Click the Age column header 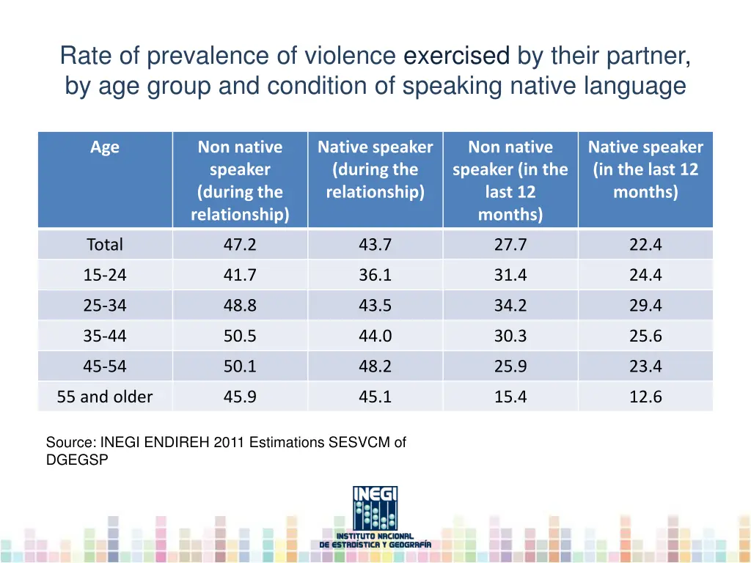105,147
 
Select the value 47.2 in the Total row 240,245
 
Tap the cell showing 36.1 375,276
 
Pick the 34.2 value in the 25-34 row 510,306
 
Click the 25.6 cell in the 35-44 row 645,336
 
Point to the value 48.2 375,367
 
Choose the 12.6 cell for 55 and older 645,397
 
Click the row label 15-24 105,276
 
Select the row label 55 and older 105,397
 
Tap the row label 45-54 105,367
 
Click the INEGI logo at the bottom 375,517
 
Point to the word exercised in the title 458,56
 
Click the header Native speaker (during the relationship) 375,169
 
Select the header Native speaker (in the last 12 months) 645,169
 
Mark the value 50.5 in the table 240,336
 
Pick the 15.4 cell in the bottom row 510,397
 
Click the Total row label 105,245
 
